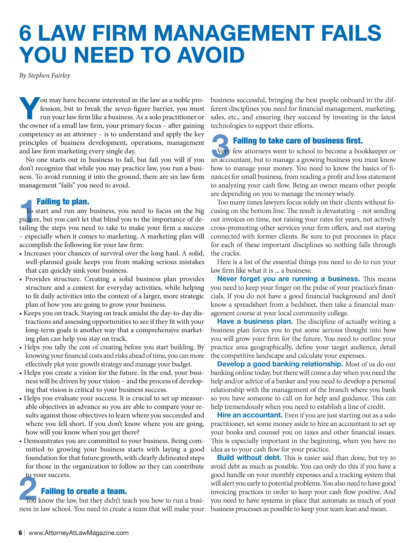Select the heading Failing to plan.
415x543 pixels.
click(63, 201)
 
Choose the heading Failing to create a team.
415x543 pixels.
click(84, 491)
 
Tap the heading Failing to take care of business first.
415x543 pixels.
click(298, 141)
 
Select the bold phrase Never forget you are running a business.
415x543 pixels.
click(288, 279)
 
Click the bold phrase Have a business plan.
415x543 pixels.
click(255, 322)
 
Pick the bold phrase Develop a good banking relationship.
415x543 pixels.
click(280, 364)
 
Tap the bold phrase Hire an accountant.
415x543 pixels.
click(250, 415)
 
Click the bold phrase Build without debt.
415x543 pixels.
click(249, 458)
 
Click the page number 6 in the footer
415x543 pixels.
click(20, 533)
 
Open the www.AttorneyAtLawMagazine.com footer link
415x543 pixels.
click(79, 533)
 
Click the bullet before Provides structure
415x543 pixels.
click(21, 280)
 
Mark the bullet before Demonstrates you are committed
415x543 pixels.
click(21, 441)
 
